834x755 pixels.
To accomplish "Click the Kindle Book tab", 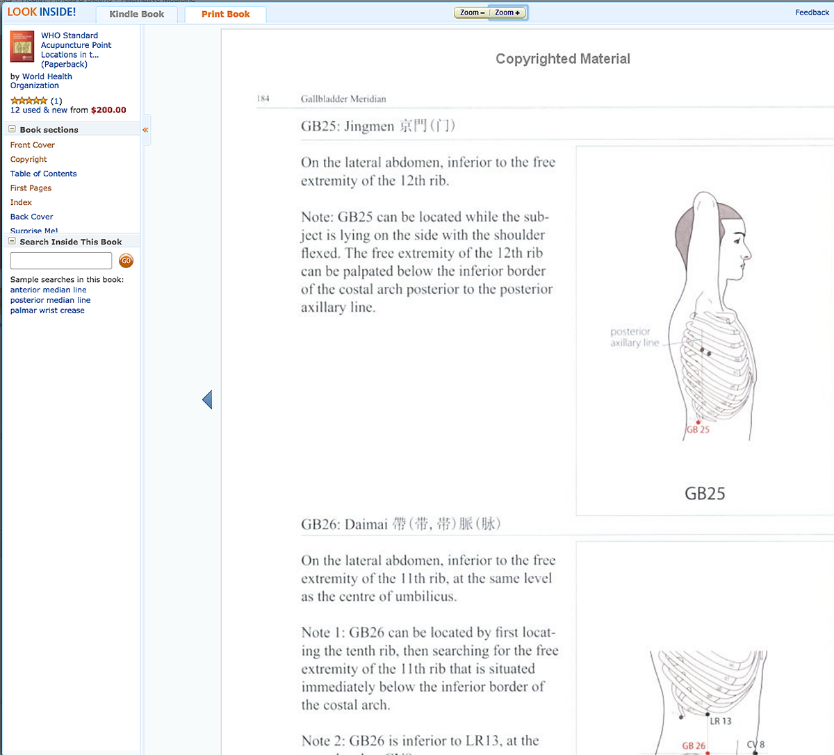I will coord(137,14).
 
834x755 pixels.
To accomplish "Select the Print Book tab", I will coord(225,14).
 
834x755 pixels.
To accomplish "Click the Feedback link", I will coord(812,13).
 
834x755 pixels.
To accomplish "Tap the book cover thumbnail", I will coord(22,47).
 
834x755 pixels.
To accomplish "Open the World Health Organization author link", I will coord(41,81).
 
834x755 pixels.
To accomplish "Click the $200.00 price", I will coord(108,110).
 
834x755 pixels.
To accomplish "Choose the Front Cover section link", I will coord(33,145).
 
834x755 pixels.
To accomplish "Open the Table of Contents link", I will coord(43,174).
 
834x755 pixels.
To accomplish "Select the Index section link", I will coord(21,202).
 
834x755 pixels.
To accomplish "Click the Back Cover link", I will coord(31,217).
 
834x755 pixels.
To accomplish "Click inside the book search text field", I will coord(61,260).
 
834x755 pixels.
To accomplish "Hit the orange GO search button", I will coord(126,261).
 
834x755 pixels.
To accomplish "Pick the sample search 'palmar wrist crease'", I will coord(47,310).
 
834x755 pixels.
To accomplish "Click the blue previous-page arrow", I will coord(207,399).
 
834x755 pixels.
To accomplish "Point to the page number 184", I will coord(263,99).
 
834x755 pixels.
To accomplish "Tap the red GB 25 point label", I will coord(698,429).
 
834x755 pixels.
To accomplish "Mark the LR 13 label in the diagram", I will coord(721,721).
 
